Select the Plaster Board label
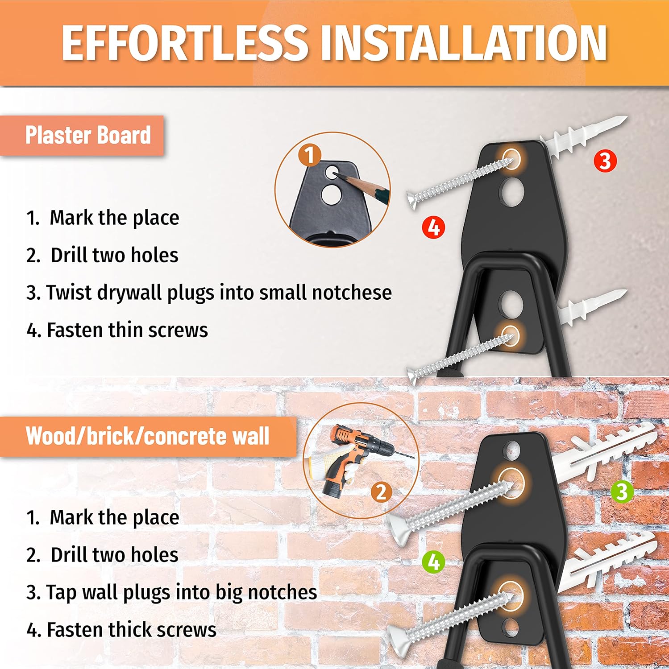click(x=88, y=135)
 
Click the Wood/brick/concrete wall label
click(x=147, y=436)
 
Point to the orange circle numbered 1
click(x=310, y=155)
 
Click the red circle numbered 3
click(x=605, y=161)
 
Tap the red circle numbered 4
click(x=434, y=227)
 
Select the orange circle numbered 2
click(x=381, y=492)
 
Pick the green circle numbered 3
click(x=622, y=491)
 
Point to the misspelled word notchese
click(x=352, y=293)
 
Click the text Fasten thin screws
click(x=127, y=330)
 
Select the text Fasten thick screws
click(x=132, y=630)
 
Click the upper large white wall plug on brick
click(x=605, y=450)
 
